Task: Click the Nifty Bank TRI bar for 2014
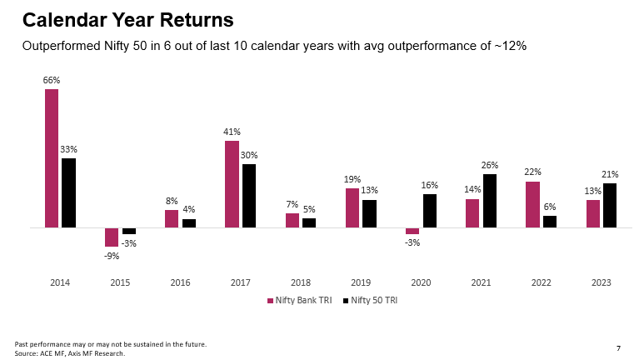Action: coord(52,158)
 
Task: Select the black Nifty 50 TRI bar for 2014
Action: coord(68,192)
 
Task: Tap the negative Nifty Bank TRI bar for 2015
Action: coord(112,237)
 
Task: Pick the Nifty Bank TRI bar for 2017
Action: coord(232,184)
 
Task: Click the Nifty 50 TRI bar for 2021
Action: coord(490,201)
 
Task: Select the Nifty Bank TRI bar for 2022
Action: coord(532,204)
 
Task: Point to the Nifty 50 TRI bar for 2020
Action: coord(430,211)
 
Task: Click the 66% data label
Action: coord(52,80)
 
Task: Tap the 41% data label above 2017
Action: coord(232,132)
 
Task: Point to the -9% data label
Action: coord(112,256)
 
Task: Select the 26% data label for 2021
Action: coord(490,165)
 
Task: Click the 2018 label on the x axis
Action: coord(300,283)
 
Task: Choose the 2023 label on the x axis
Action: coord(601,283)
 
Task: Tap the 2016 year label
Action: coord(180,283)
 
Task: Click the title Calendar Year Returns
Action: coord(127,18)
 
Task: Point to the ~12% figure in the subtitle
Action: coord(508,47)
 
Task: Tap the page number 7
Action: coord(617,347)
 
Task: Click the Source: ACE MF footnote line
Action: coord(70,353)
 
